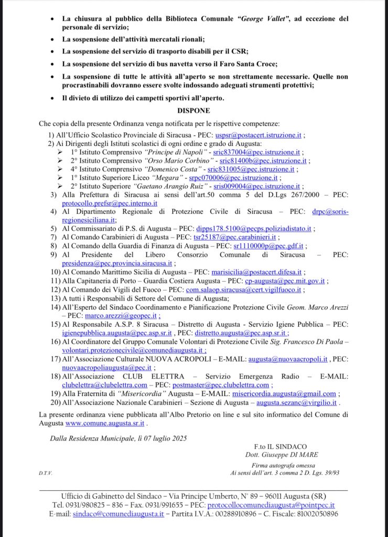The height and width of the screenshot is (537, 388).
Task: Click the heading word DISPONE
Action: (x=193, y=111)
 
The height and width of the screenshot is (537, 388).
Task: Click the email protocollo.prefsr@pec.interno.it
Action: (x=110, y=203)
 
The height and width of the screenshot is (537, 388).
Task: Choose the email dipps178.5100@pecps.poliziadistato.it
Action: (x=254, y=229)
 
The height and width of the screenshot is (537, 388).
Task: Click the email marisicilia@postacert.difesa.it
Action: (x=256, y=272)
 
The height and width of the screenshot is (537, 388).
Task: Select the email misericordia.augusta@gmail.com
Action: (x=284, y=394)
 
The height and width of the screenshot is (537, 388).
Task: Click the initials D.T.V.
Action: (x=45, y=472)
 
